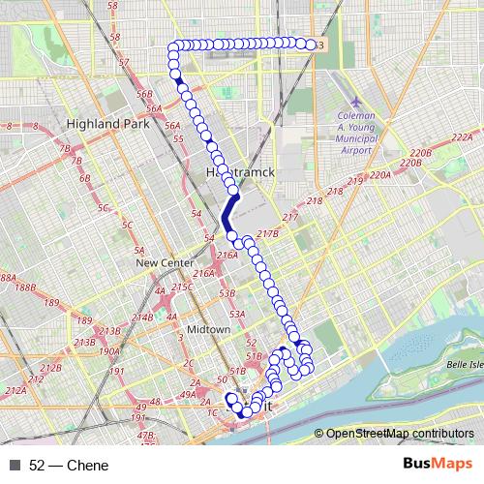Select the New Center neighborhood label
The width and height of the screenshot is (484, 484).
[160, 262]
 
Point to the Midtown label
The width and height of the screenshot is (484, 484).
[208, 329]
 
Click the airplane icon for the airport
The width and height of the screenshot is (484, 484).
[355, 101]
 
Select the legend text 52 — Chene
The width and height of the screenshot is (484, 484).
[69, 465]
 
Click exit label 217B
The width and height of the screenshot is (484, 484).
[268, 233]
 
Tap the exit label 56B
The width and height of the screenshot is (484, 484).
[145, 94]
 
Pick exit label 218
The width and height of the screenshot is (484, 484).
[336, 193]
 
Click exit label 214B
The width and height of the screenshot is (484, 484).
[142, 317]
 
